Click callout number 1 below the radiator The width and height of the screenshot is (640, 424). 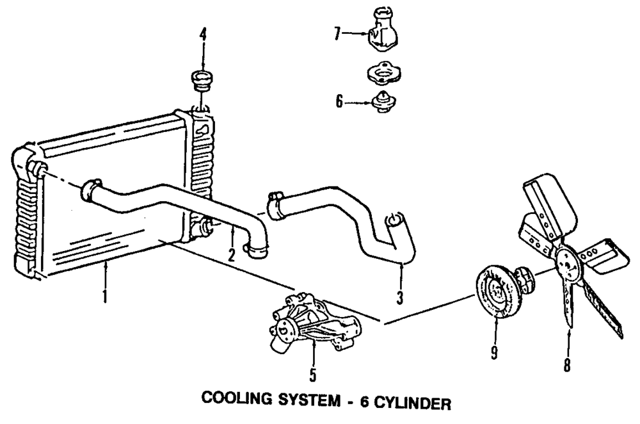point(105,296)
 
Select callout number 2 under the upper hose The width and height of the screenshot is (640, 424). point(232,254)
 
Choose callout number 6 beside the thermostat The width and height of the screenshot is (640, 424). point(339,101)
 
